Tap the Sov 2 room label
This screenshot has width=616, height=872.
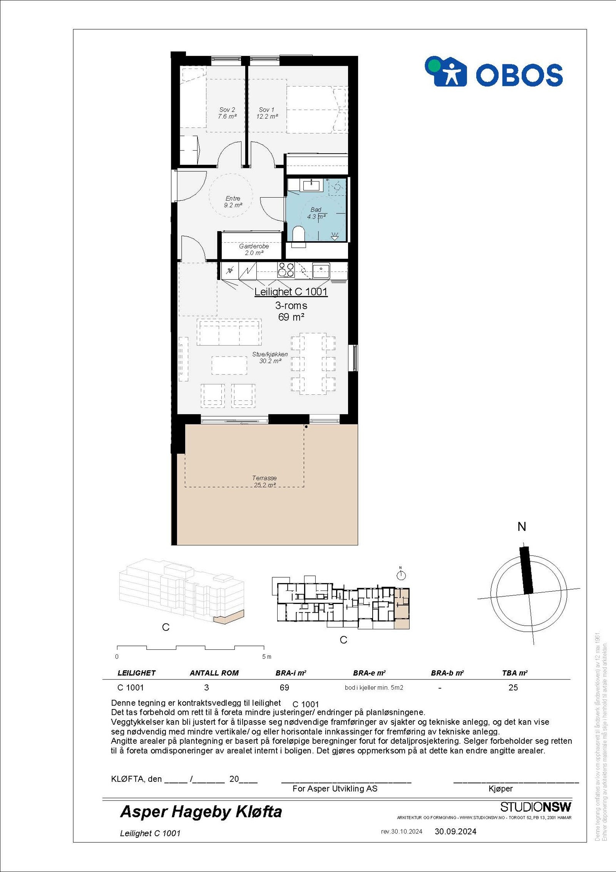tap(227, 113)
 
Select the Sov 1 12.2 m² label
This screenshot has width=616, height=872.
tap(267, 113)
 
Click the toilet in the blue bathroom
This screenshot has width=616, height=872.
tap(298, 234)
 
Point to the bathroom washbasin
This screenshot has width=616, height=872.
tap(311, 186)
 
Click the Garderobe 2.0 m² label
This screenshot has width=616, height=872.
tap(254, 249)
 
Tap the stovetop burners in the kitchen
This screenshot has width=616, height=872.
tap(286, 270)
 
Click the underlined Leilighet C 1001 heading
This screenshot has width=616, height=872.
tap(291, 292)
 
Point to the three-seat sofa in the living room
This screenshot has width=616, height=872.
tap(229, 332)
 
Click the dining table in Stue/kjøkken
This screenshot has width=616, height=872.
tap(313, 363)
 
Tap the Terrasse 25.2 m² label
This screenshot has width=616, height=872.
tap(264, 481)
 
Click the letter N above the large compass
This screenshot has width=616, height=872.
tap(522, 527)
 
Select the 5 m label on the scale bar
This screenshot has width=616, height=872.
tap(266, 656)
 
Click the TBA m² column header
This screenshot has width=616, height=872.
tap(515, 673)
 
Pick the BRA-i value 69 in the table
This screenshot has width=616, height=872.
tap(284, 688)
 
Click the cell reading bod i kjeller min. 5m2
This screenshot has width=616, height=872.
tap(373, 688)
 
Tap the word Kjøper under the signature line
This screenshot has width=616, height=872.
tap(500, 788)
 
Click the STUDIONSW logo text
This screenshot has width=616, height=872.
tap(536, 807)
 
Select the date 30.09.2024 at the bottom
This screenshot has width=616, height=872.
tap(455, 831)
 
